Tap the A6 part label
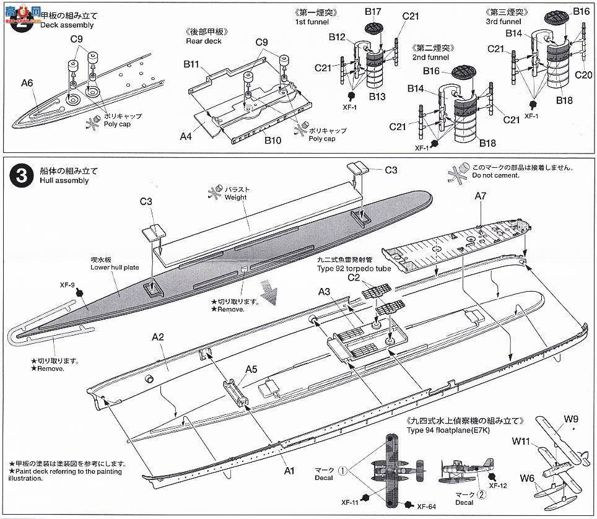27,83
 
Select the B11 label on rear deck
191,64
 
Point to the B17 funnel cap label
373,11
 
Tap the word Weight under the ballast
235,198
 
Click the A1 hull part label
288,471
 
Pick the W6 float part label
527,478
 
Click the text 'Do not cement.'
493,176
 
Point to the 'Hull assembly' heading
63,181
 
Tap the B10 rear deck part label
272,141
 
